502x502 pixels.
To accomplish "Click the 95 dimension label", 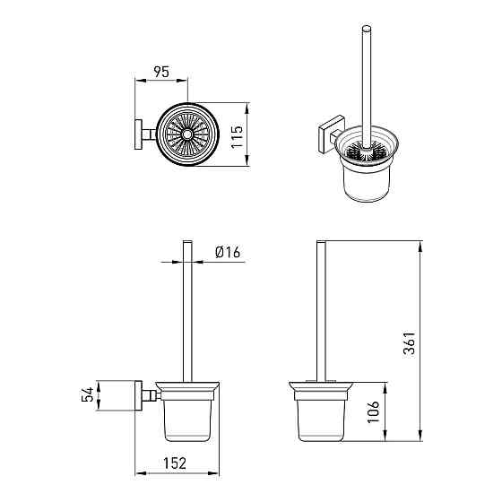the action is click(161, 72).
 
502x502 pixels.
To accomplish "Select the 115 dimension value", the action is click(238, 137).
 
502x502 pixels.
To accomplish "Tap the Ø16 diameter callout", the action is click(228, 252).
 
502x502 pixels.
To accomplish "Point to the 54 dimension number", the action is click(88, 394).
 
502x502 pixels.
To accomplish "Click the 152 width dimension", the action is click(175, 463).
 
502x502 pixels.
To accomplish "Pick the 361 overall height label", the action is click(410, 343).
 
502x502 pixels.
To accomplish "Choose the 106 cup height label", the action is click(373, 411).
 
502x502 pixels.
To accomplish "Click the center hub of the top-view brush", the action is click(187, 134).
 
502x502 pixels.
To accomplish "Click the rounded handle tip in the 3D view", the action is click(367, 29).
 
